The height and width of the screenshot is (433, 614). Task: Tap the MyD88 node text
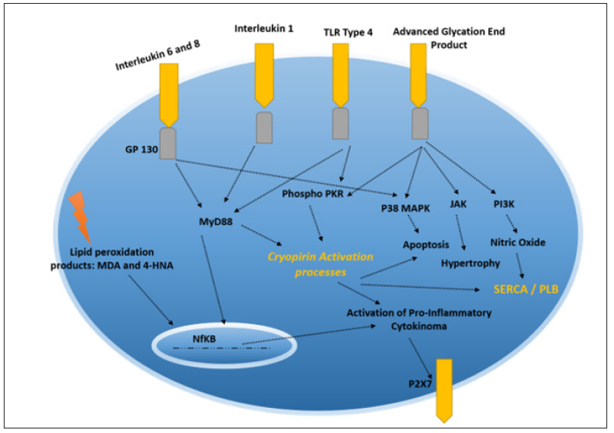click(215, 222)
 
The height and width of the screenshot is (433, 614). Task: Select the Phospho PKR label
click(312, 194)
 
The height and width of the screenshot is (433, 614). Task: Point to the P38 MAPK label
click(406, 204)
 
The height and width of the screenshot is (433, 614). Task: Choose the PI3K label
click(504, 204)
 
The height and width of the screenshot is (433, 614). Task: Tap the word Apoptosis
click(425, 245)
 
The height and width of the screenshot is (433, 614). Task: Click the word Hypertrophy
click(470, 263)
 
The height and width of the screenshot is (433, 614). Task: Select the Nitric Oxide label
click(518, 243)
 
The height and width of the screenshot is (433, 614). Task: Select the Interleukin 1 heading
click(264, 28)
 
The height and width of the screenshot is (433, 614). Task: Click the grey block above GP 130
click(168, 143)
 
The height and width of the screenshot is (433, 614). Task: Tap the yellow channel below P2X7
click(443, 390)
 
